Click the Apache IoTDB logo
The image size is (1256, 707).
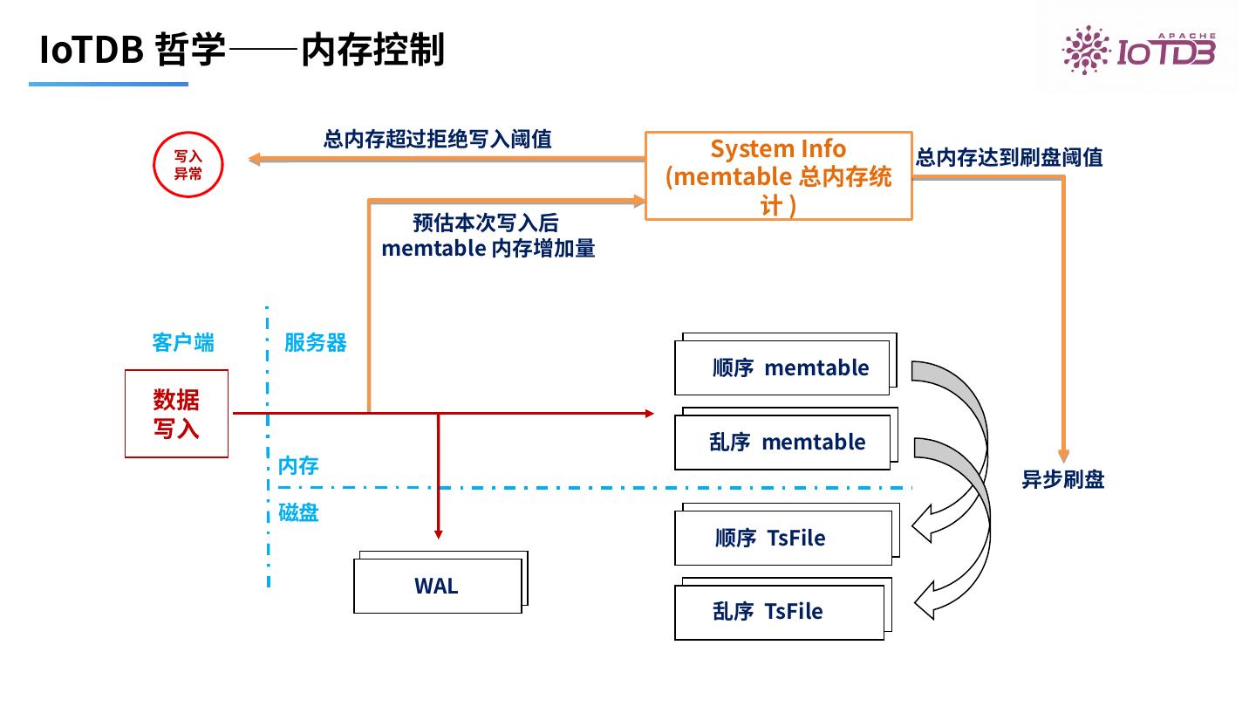pyautogui.click(x=1137, y=49)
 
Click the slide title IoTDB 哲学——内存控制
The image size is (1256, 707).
pyautogui.click(x=242, y=50)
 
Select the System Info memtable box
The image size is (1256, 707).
pyautogui.click(x=778, y=175)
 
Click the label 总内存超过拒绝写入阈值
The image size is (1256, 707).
pyautogui.click(x=437, y=139)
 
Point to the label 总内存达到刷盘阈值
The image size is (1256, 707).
pyautogui.click(x=1008, y=158)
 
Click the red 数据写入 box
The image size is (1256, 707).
pyautogui.click(x=176, y=414)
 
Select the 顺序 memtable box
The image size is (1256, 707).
pyautogui.click(x=782, y=367)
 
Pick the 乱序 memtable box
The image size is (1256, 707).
pyautogui.click(x=782, y=442)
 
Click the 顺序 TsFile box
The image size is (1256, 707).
pyautogui.click(x=782, y=538)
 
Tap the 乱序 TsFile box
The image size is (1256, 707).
pyautogui.click(x=779, y=612)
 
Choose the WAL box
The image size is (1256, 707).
pyautogui.click(x=437, y=586)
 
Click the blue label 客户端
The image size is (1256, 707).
pyautogui.click(x=182, y=342)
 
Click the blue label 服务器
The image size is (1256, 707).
pyautogui.click(x=315, y=342)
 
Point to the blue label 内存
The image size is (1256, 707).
pyautogui.click(x=297, y=466)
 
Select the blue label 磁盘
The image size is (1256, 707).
pyautogui.click(x=297, y=513)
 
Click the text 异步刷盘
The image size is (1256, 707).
pyautogui.click(x=1062, y=479)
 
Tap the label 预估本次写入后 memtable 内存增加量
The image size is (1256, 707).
pyautogui.click(x=488, y=236)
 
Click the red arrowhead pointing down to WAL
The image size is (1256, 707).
pyautogui.click(x=439, y=532)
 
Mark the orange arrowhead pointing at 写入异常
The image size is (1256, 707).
pyautogui.click(x=254, y=159)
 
